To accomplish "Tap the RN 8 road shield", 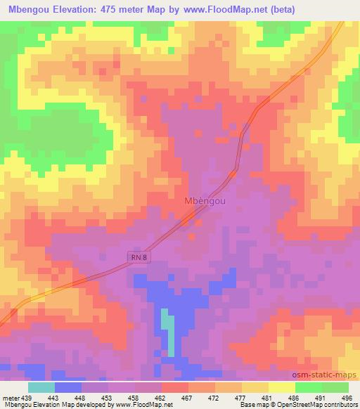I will [139, 258].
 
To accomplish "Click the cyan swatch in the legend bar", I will [41, 387].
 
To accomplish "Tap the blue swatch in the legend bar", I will [67, 387].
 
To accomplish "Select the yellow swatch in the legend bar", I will [281, 387].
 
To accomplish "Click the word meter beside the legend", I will [11, 397].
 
